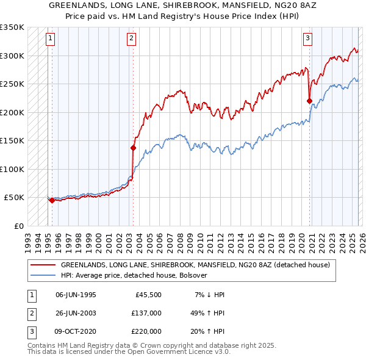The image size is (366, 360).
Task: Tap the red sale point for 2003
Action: [x=133, y=148]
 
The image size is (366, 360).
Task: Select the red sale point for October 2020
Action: [x=309, y=101]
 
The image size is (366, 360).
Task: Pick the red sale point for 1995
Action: [x=52, y=200]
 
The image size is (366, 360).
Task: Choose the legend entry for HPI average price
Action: [x=134, y=275]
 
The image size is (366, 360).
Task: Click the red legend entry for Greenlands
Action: [x=195, y=265]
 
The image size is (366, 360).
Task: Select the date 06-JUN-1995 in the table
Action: [x=76, y=295]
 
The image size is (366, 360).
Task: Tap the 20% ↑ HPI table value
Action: [x=208, y=331]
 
